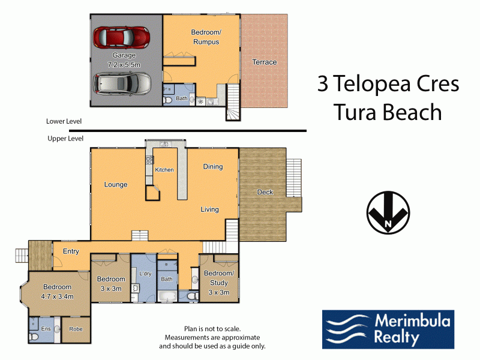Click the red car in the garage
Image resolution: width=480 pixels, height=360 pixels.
tap(122, 37)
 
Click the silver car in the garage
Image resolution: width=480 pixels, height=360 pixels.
tap(122, 83)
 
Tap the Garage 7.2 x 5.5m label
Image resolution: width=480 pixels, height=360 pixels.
tap(124, 60)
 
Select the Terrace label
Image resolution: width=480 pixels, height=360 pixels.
tap(265, 62)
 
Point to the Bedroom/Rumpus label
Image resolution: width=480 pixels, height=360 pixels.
tap(206, 37)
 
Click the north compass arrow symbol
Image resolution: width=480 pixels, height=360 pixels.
tap(388, 212)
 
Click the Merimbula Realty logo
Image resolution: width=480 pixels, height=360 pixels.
tap(388, 329)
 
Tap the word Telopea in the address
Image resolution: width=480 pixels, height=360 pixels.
tap(371, 84)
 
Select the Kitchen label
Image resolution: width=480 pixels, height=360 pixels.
tap(164, 170)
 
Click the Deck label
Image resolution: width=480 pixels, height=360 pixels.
tap(265, 192)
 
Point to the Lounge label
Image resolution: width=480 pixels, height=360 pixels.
tap(116, 185)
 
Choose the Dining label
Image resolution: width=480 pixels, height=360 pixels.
tap(213, 167)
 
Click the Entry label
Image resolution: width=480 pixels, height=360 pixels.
tap(71, 251)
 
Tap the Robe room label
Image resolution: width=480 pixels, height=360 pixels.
tap(76, 329)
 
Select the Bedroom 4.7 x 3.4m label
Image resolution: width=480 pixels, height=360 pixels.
tap(57, 292)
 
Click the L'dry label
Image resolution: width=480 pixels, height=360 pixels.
tap(145, 274)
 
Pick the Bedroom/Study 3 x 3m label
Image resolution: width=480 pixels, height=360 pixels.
tap(219, 283)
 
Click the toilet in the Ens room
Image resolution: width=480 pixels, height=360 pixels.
tap(34, 337)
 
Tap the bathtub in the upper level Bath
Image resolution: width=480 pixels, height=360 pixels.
tap(167, 296)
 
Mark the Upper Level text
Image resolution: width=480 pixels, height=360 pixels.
tap(65, 139)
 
